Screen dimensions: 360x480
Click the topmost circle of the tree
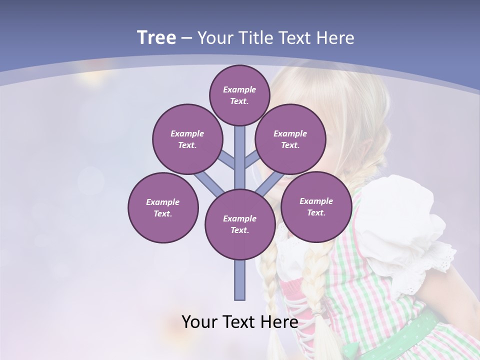coord(239,95)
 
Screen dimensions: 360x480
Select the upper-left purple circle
coord(187,139)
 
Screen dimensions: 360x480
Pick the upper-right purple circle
coord(290,139)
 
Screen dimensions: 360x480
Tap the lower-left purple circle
coord(163,207)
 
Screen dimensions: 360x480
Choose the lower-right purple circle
coord(316,206)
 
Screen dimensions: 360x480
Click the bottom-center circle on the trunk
coord(240,224)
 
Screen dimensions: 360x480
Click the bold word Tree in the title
coord(156,38)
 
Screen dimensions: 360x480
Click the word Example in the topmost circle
coord(239,89)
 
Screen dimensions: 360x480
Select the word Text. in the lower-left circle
coord(163,213)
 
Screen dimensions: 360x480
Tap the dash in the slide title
coord(186,38)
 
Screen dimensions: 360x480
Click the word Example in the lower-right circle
coord(316,201)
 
